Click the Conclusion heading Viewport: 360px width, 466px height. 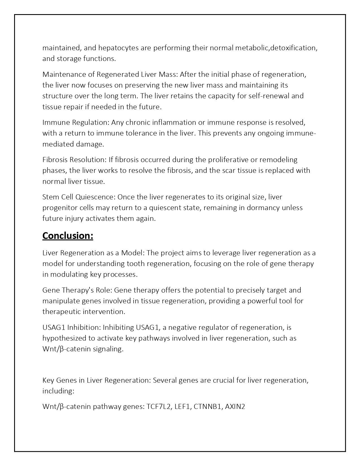[68, 236]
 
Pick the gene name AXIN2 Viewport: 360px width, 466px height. [235, 407]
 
